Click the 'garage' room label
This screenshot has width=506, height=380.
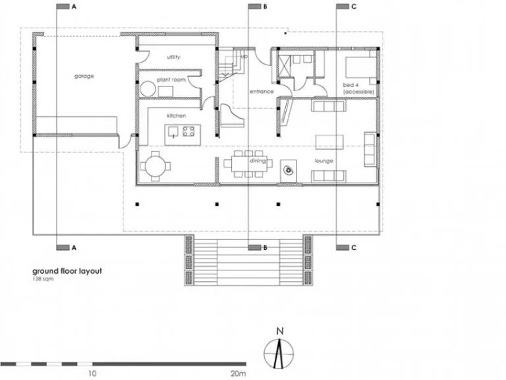point(84,77)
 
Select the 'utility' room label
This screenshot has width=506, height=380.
point(173,57)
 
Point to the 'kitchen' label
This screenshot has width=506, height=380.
point(176,116)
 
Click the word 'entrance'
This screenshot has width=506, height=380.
point(261,92)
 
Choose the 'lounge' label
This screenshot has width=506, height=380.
point(323,161)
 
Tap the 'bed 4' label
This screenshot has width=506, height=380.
point(349,86)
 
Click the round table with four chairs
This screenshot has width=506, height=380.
point(155,165)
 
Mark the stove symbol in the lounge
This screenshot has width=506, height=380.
point(289,169)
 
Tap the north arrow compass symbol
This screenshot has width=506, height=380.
point(280,348)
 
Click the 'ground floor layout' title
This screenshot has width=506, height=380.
point(67,271)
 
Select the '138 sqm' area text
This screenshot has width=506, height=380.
point(43,279)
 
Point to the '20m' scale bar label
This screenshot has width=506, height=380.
point(238,373)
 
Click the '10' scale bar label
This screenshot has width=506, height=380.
point(92,373)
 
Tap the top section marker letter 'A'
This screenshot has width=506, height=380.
point(74,7)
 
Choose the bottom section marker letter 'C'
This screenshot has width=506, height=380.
point(354,248)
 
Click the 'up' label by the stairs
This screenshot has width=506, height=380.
point(244,57)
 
